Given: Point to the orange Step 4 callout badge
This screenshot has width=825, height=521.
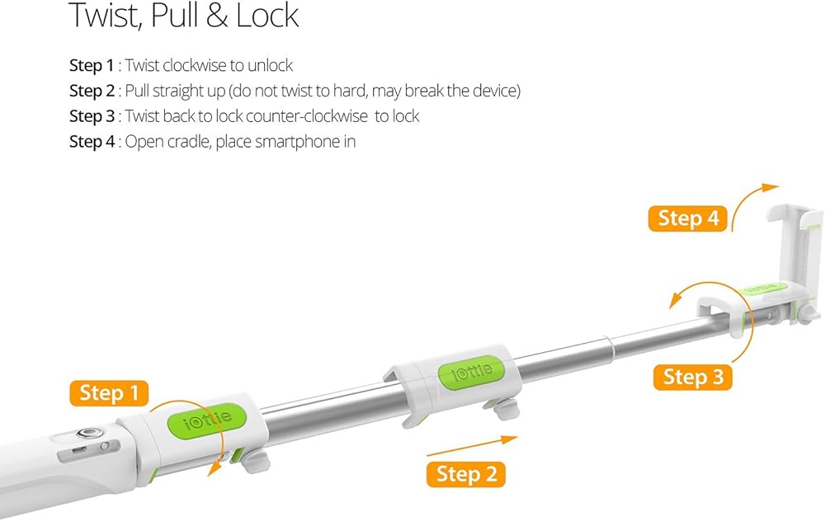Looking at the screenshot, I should (688, 218).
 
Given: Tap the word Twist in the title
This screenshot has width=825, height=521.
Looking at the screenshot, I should (105, 16).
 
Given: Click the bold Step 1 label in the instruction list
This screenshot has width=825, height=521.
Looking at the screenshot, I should (92, 66).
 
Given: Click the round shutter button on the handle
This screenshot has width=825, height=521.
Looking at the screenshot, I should (84, 434).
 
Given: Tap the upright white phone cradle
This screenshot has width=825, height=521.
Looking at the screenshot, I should (795, 247).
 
